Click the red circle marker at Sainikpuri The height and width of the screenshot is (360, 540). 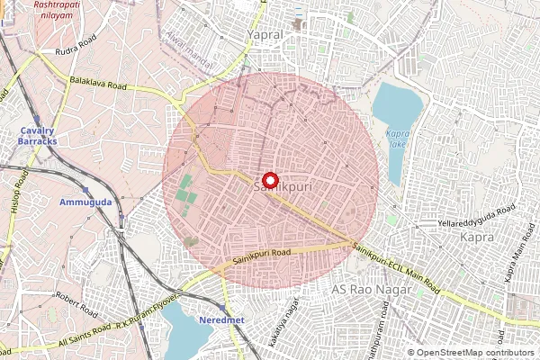click(267, 179)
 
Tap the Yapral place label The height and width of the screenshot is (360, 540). click(265, 34)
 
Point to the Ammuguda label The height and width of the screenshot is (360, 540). click(85, 202)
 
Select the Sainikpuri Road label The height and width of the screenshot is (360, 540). click(262, 256)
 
